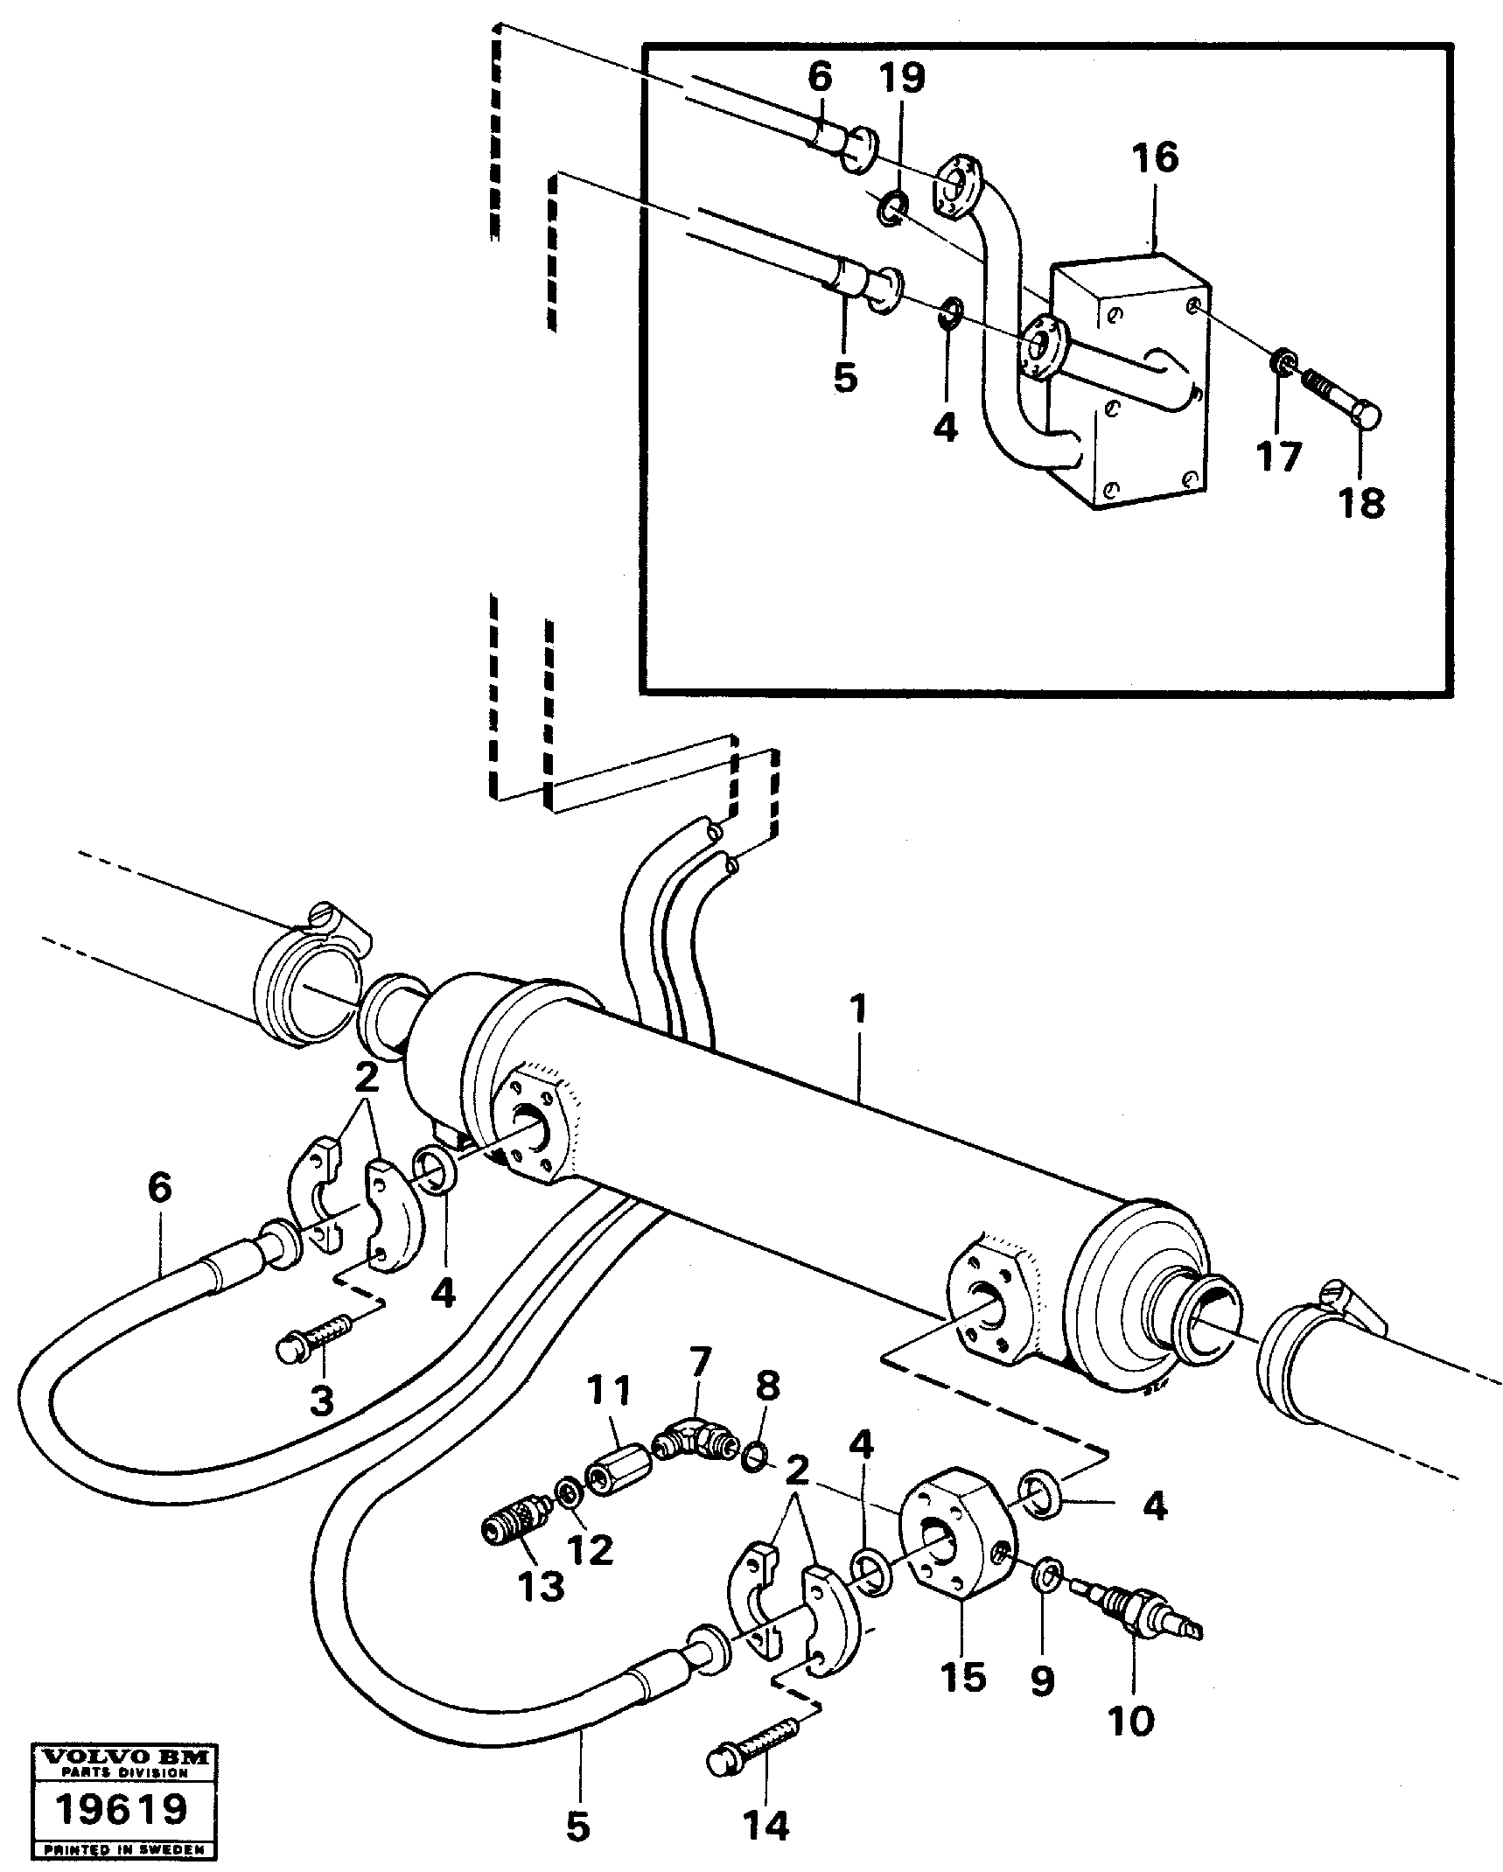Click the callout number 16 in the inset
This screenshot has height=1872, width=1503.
(1155, 158)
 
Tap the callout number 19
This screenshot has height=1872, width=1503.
(902, 77)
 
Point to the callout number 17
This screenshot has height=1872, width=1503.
(1279, 456)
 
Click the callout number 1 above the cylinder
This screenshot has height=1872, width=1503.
(859, 1009)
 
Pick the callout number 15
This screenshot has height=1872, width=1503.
(963, 1676)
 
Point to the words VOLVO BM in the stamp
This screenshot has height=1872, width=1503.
(122, 1749)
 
